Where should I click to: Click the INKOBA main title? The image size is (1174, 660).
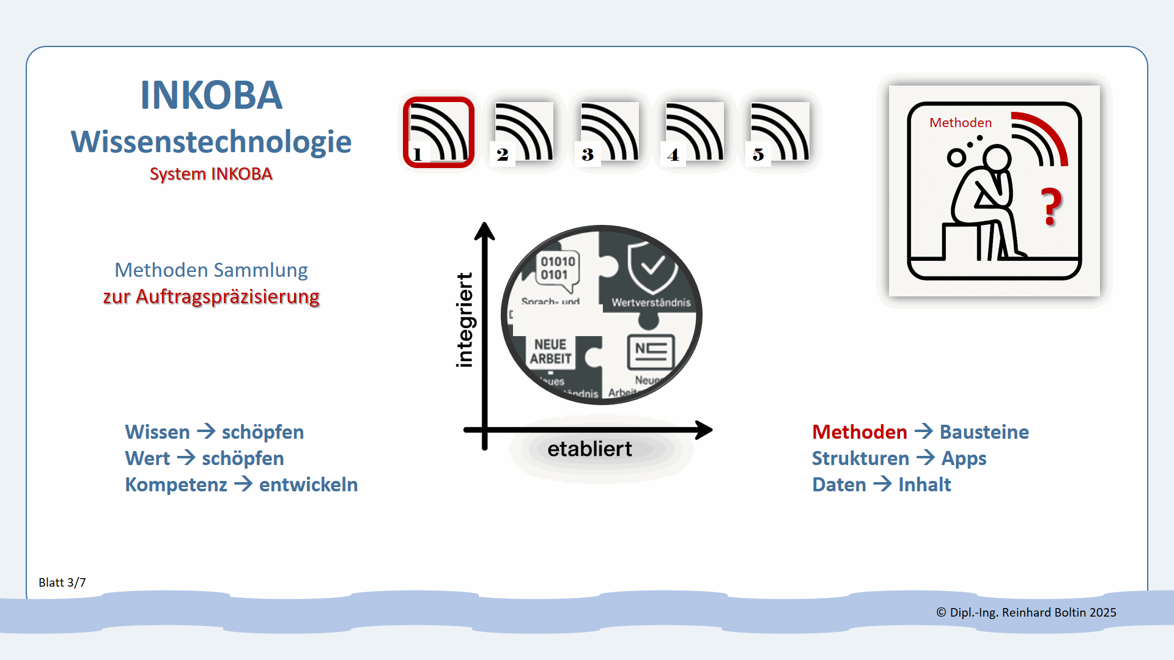pos(211,95)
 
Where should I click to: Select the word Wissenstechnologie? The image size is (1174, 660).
pos(211,142)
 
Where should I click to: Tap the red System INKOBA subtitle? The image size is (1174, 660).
pos(211,174)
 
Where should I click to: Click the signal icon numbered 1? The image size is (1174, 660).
pos(438,132)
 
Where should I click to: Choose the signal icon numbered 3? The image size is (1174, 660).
pos(609,132)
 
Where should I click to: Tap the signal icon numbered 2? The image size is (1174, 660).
pos(524,132)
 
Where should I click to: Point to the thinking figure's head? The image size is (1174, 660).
pos(997,158)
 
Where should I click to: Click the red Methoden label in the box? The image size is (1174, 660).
pos(960,123)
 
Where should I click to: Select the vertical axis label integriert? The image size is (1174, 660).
pos(465,320)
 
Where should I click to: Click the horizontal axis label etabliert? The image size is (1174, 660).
pos(589,449)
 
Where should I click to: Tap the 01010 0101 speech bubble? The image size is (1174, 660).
pos(557,268)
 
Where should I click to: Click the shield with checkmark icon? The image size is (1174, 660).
pos(651,266)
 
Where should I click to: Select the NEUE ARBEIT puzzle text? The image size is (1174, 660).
pos(550,352)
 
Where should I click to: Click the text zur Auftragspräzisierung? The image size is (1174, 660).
pos(211,297)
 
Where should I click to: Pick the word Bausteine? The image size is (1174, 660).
pos(984,432)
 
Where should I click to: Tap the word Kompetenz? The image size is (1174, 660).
pos(176,485)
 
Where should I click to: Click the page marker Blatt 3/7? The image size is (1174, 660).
pos(62,582)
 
